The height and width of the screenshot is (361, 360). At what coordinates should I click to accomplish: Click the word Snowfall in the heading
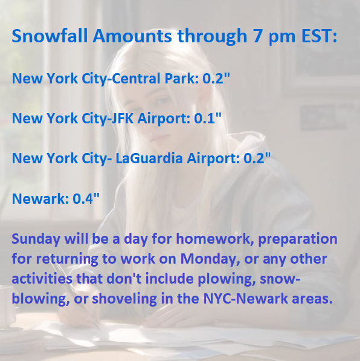tap(50, 36)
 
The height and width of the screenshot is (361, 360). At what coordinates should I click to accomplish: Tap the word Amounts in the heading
tap(132, 36)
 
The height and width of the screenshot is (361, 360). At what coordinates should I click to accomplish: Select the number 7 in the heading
tap(258, 36)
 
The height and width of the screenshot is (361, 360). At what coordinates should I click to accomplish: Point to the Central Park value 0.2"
tap(216, 78)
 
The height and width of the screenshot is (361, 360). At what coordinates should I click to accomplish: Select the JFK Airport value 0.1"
tap(208, 119)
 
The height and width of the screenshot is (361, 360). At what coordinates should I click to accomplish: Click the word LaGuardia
tap(149, 158)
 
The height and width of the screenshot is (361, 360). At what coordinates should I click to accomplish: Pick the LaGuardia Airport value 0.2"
tap(257, 158)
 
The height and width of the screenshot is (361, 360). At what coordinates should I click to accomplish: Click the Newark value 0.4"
tap(86, 198)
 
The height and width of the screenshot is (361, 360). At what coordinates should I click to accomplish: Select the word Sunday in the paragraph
tap(36, 239)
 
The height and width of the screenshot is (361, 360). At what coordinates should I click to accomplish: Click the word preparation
tap(298, 239)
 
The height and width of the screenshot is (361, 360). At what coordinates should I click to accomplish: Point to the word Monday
tap(208, 259)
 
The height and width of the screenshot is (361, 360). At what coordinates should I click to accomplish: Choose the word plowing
tap(227, 279)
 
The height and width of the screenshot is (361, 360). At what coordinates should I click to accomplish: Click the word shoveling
tap(124, 299)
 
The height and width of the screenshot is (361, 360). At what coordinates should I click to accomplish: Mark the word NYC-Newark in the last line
tap(245, 299)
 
